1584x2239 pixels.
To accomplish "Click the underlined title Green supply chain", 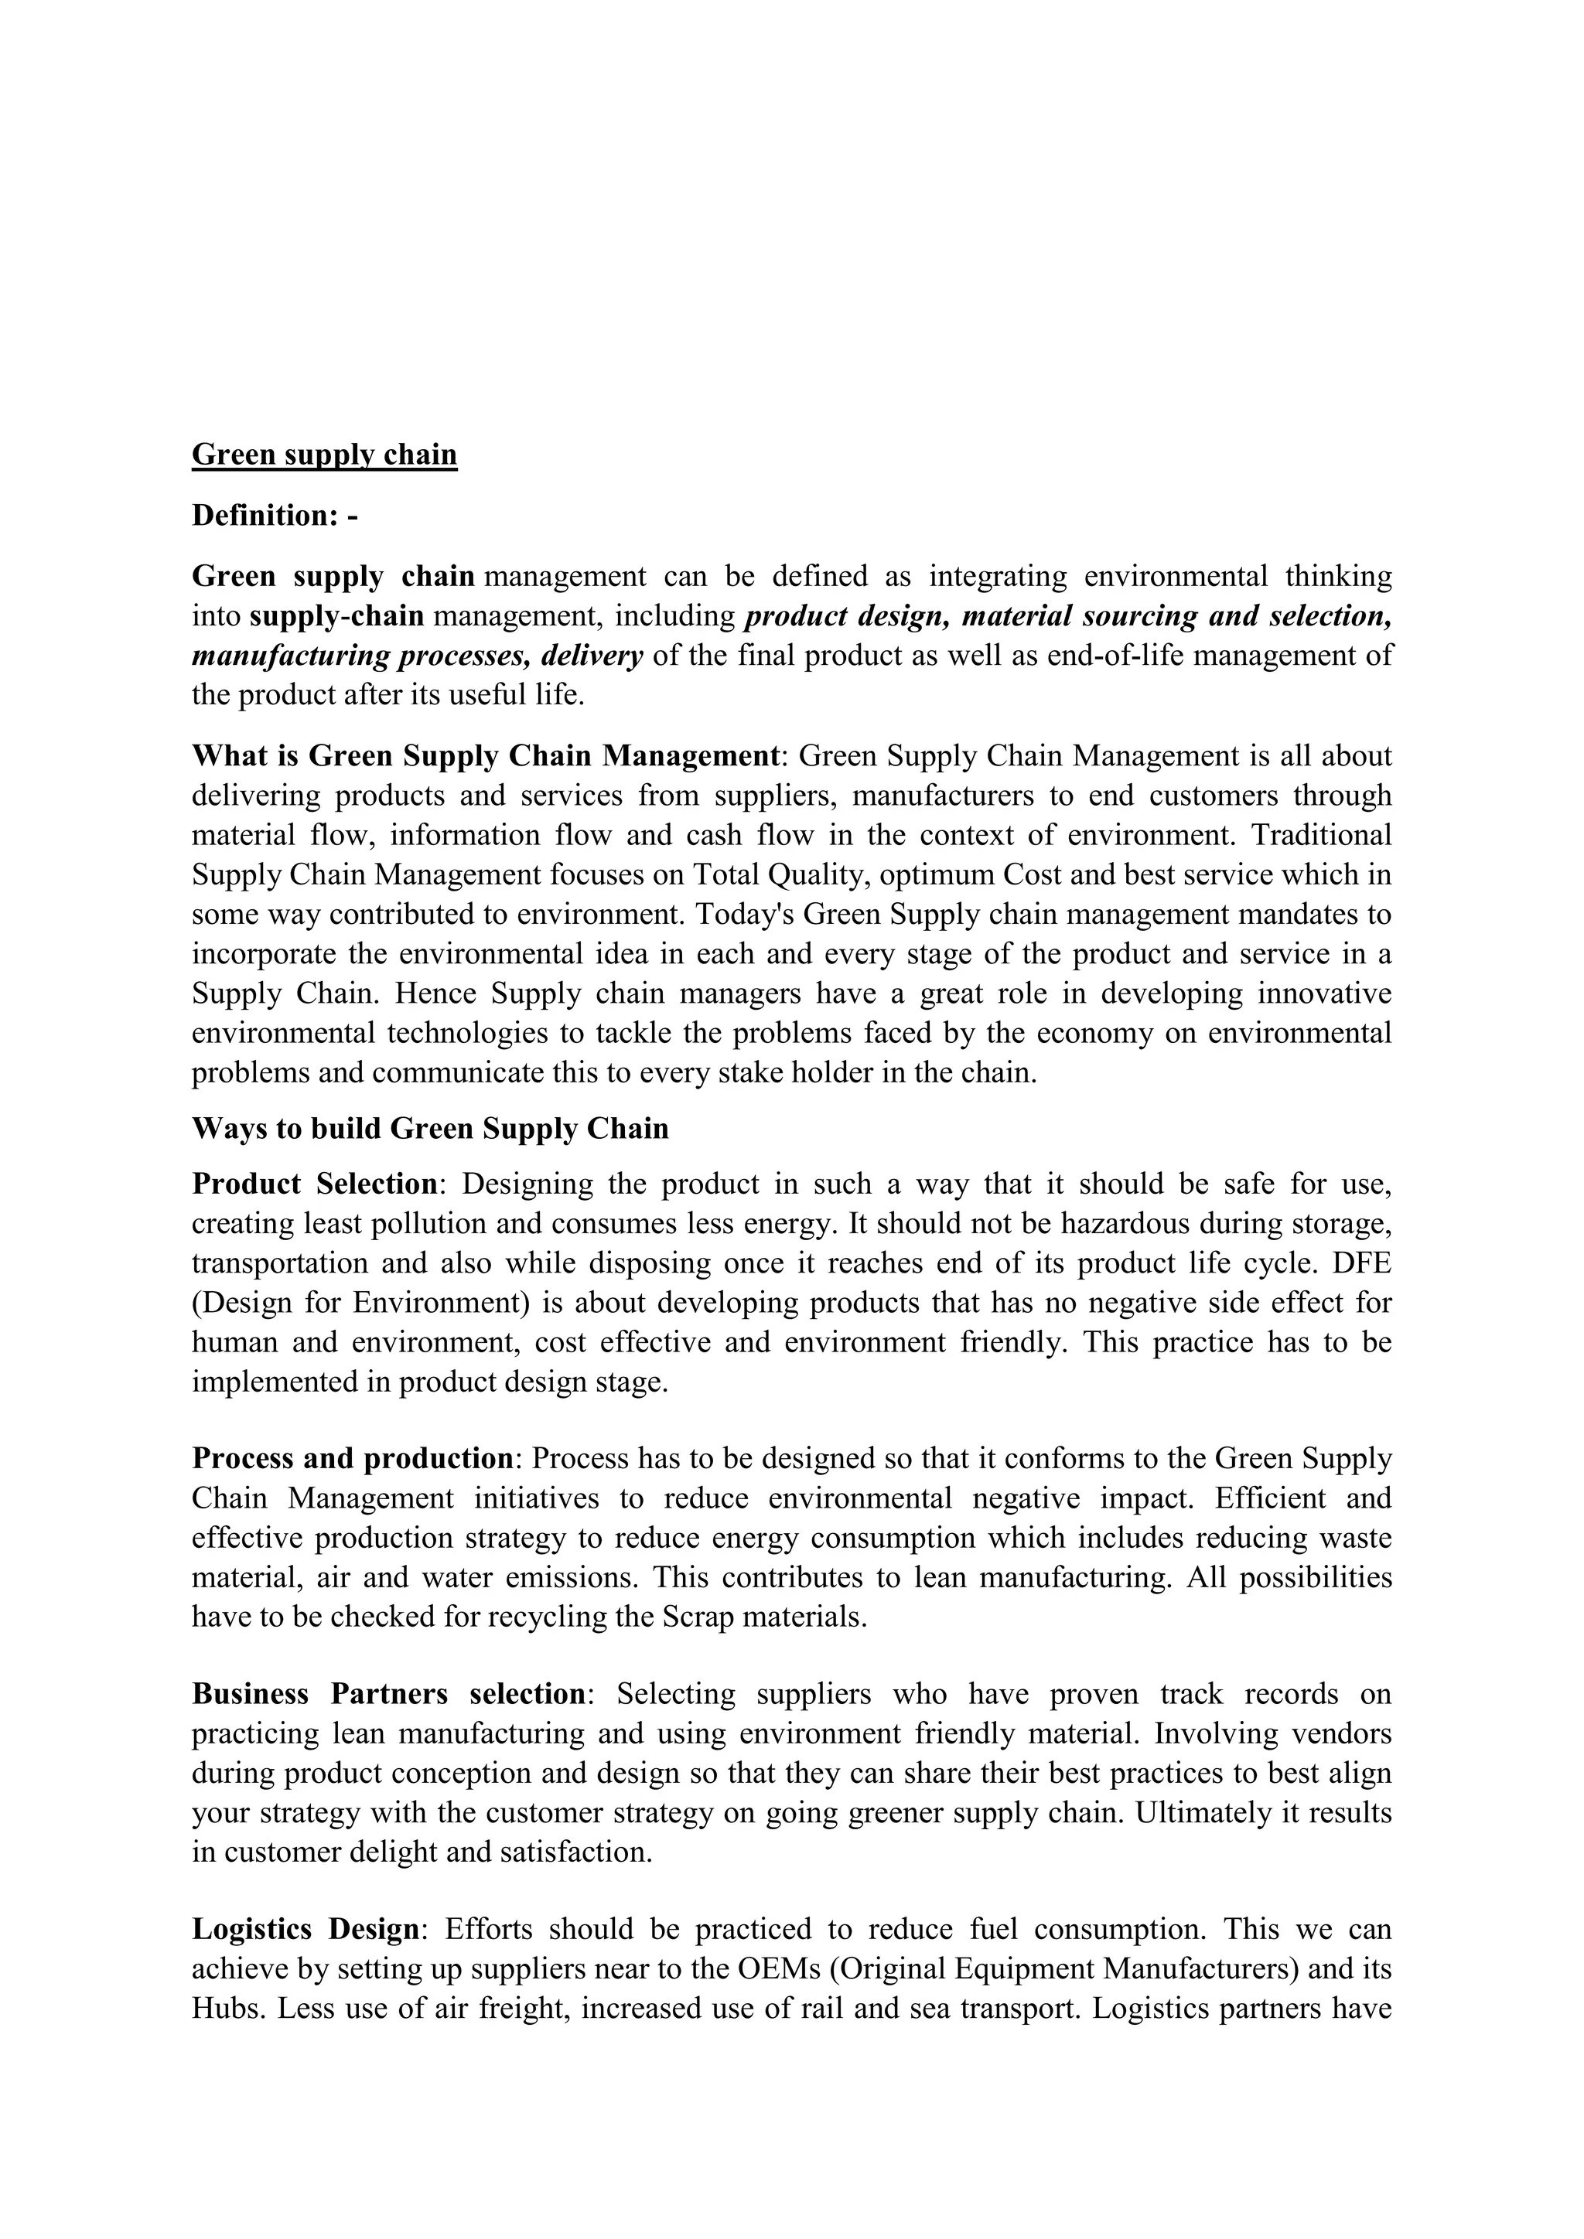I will pyautogui.click(x=324, y=455).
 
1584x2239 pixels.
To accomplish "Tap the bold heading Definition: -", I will pyautogui.click(x=275, y=515).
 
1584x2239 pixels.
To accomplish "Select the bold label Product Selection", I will pyautogui.click(x=315, y=1184).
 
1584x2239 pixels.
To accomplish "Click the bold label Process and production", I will pyautogui.click(x=352, y=1459).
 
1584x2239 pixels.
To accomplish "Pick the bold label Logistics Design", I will pyautogui.click(x=306, y=1929).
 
